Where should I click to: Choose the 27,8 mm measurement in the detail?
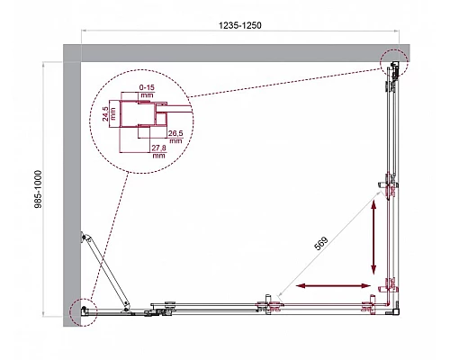tap(159, 150)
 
